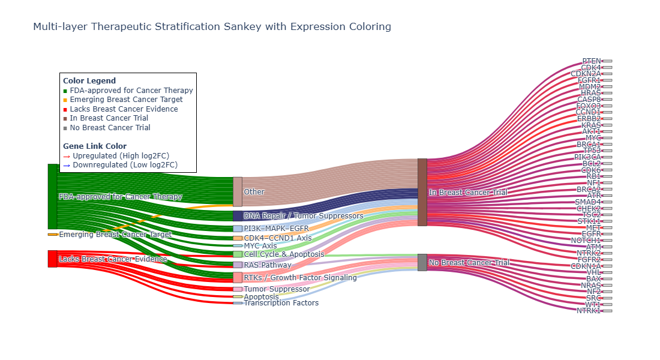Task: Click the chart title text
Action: [212, 26]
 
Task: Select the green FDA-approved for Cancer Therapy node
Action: [52, 196]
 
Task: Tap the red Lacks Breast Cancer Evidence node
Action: [52, 259]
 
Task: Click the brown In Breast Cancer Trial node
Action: [422, 192]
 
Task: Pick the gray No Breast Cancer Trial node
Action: [422, 262]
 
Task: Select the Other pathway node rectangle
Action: [238, 191]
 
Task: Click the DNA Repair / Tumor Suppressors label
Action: [303, 216]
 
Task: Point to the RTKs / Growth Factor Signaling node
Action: [238, 277]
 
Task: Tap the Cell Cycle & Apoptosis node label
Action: [284, 254]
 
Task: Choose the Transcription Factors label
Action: [281, 303]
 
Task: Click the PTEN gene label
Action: [592, 61]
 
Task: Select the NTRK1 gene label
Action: [589, 311]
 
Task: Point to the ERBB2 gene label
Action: [589, 119]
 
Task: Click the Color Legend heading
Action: [89, 81]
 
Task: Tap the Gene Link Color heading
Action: [95, 146]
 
